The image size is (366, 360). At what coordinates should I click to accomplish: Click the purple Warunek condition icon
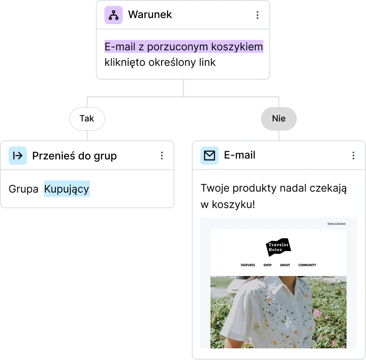coord(114,15)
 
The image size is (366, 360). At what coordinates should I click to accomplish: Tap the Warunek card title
coord(150,15)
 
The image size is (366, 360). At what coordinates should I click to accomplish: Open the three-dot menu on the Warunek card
coord(257,15)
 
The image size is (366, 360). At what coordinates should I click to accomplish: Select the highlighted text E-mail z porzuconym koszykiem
coord(184,46)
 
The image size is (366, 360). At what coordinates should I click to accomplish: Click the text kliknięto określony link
coord(160,62)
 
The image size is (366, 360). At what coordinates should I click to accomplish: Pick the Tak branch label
coord(87,118)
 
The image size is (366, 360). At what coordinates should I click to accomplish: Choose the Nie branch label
coord(279,118)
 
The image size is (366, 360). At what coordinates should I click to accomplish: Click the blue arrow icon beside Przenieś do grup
coord(18,156)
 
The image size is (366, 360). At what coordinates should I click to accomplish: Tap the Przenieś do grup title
coord(74,156)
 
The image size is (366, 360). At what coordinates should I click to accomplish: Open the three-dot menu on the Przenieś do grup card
coord(162,156)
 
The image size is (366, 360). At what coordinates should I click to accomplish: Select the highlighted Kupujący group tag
coord(67,189)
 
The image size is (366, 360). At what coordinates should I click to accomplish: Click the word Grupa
coord(23,189)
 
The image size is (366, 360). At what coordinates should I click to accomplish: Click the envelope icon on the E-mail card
coord(210,155)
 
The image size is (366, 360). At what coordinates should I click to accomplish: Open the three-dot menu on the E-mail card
coord(353,156)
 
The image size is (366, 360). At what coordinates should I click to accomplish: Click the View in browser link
coord(336,223)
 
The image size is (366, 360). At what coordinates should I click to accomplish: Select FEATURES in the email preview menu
coord(248,265)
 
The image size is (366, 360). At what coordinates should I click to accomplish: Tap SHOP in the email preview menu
coord(267,265)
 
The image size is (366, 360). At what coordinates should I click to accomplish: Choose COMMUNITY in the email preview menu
coord(307,265)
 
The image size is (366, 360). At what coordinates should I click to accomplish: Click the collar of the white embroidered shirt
coord(277,285)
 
